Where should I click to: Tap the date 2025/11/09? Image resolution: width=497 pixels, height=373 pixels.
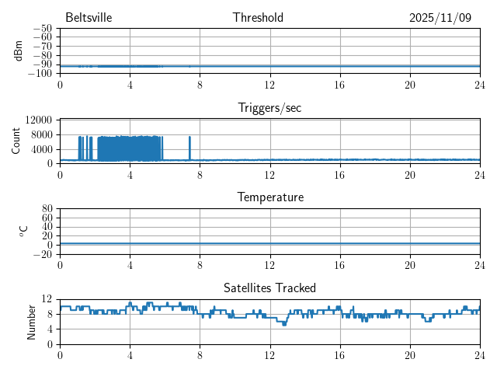point(440,18)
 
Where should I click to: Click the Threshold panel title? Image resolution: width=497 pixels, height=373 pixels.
point(258,18)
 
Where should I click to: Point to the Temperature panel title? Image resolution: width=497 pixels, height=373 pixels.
point(269,197)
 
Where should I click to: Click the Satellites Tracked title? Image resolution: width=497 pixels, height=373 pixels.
point(269,288)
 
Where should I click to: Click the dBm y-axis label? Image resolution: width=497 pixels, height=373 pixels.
point(18,51)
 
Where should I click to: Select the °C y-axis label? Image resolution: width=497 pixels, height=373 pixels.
point(23,231)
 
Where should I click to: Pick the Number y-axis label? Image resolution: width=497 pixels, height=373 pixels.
point(32,321)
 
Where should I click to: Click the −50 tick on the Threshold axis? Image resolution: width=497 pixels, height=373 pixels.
point(42,29)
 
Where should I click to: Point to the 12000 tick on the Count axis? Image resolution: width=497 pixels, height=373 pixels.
point(38,120)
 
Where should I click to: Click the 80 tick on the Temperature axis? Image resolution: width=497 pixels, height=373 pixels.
point(47,209)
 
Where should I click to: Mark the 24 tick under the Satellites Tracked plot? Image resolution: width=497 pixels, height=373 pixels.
point(479,354)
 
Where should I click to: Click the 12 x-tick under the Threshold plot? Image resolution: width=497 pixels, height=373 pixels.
point(269,84)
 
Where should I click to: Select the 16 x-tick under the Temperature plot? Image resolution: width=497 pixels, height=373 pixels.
point(339,264)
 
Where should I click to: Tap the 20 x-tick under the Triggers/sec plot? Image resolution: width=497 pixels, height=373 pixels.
point(409,174)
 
